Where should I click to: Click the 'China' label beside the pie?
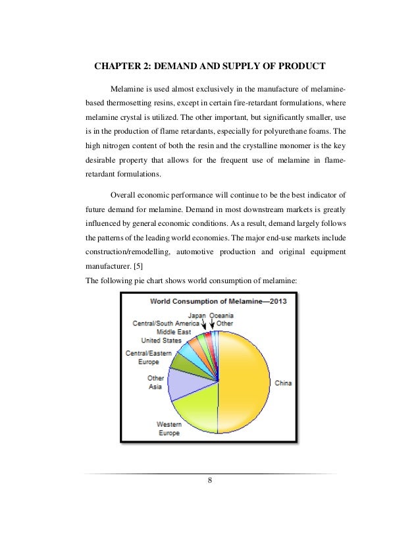(x=282, y=383)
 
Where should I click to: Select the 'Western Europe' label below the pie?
(x=169, y=429)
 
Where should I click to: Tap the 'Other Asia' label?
(x=156, y=383)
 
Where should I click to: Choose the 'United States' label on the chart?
(x=163, y=340)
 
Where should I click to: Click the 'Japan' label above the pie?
(x=197, y=315)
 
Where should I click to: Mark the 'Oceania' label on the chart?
(x=222, y=315)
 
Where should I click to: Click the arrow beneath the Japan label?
(x=205, y=325)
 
